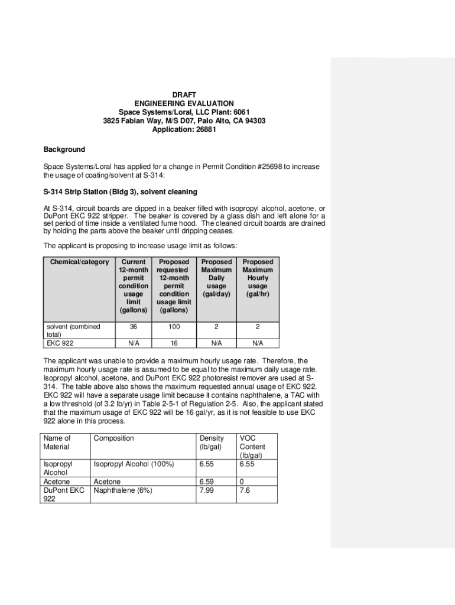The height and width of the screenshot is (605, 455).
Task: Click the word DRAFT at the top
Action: coord(184,95)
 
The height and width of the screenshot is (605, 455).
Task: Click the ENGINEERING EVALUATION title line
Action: coord(184,103)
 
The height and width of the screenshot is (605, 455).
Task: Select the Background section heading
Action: coord(64,149)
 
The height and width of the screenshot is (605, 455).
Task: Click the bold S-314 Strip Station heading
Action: coord(121,192)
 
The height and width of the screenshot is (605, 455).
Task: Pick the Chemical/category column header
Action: coord(79,262)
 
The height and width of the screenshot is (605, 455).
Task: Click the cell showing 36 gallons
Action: coord(134,326)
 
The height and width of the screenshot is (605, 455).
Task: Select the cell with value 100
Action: coord(174,326)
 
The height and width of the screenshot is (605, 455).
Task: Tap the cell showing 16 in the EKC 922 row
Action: coord(174,343)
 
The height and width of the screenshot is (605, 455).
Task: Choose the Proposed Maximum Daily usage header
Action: coord(216,278)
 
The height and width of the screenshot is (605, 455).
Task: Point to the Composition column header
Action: coord(114,438)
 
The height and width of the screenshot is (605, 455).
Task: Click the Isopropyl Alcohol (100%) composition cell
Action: coord(134,464)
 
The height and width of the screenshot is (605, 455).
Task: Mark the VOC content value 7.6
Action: coord(245,490)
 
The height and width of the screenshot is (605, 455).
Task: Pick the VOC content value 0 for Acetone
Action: coord(242,482)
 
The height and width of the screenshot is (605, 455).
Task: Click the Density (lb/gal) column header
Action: coord(212,443)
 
